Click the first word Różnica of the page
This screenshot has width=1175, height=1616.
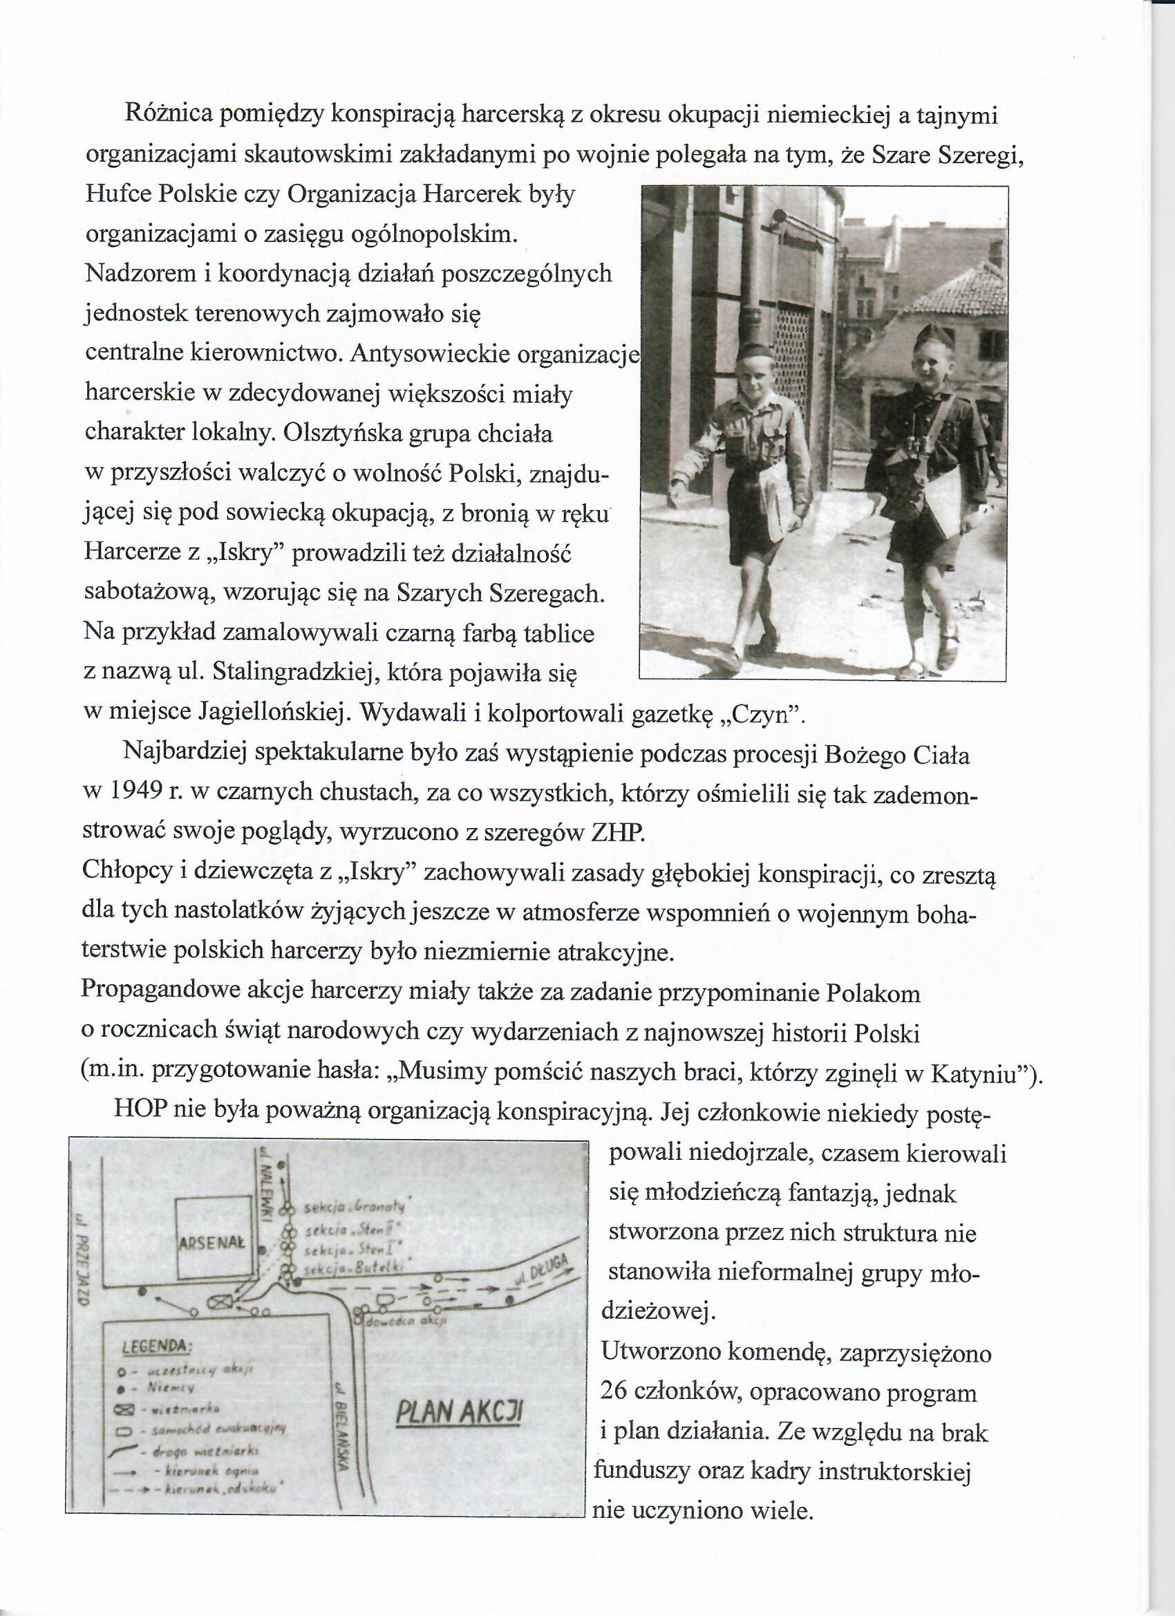[x=167, y=113]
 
